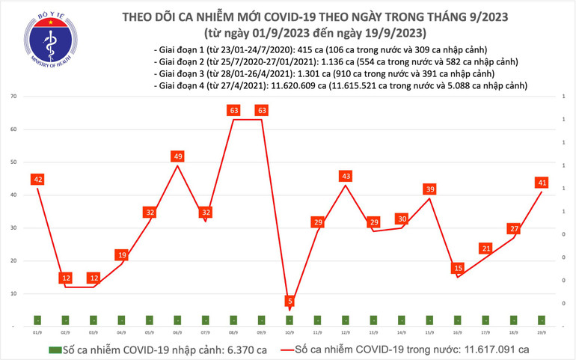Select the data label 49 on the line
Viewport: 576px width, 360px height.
point(177,156)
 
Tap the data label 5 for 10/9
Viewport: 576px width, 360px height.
point(289,302)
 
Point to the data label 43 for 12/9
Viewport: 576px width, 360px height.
point(346,176)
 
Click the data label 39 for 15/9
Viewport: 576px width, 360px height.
point(430,189)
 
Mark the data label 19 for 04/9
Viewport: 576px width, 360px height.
point(121,255)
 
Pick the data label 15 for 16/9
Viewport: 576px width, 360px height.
point(458,268)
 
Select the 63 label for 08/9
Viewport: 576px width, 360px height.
point(233,111)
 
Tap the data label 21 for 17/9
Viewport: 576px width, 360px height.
point(486,248)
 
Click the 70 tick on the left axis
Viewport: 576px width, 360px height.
point(14,97)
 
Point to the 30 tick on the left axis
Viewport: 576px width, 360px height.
point(14,228)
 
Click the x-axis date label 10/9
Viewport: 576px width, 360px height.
point(289,332)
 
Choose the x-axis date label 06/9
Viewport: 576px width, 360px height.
point(177,332)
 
